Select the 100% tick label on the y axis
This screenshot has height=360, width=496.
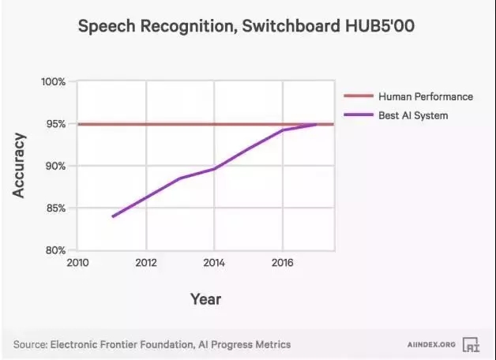tap(54, 82)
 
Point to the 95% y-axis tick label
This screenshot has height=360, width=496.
tap(55, 124)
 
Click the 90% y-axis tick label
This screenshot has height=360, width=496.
tap(55, 166)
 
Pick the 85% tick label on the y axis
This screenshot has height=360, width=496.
tap(55, 208)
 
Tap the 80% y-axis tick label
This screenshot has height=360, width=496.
tap(55, 250)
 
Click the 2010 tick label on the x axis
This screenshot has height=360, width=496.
tap(77, 263)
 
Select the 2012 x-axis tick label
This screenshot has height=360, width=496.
tap(145, 263)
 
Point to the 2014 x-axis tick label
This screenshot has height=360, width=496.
tap(213, 263)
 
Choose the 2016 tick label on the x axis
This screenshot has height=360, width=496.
tap(282, 263)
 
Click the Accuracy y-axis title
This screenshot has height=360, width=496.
tap(20, 166)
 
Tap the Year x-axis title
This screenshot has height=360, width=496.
tap(205, 299)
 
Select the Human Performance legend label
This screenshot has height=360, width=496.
tap(426, 96)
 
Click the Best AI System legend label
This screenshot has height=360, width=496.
tap(413, 116)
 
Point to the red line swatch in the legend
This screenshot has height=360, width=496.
tap(359, 96)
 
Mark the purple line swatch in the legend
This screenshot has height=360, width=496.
tap(359, 116)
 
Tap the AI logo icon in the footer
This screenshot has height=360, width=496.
tap(472, 344)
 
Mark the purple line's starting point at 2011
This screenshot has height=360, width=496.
tap(112, 216)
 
